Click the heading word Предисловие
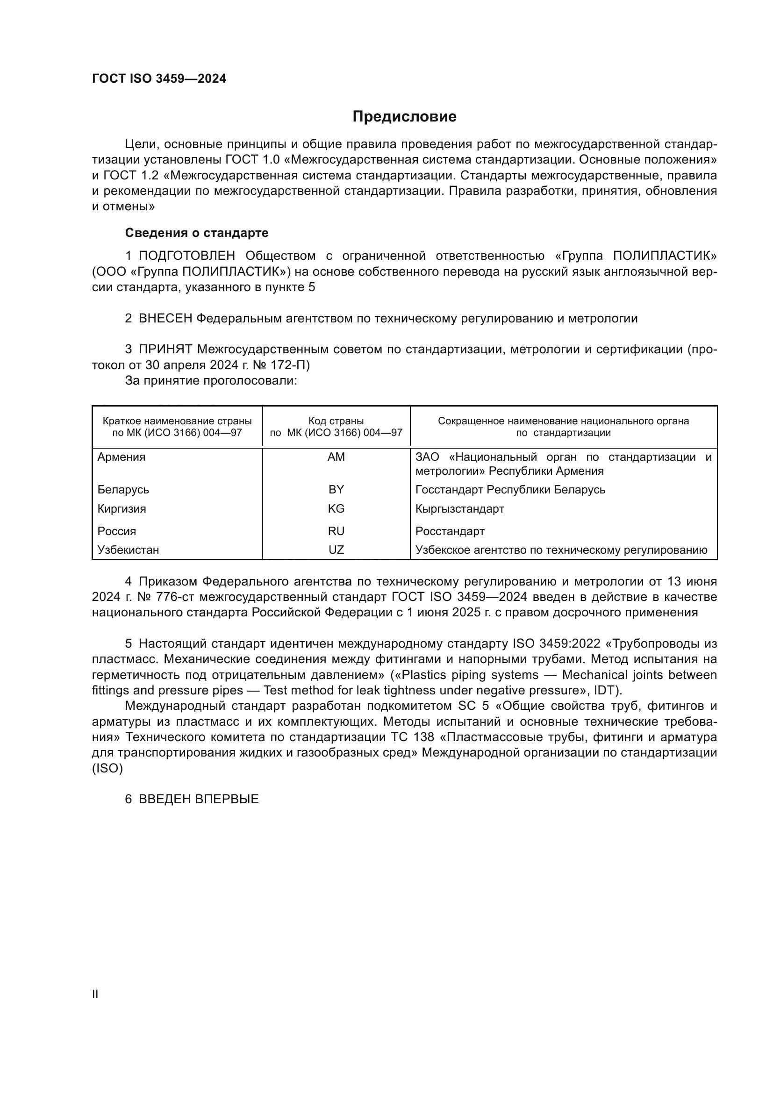pyautogui.click(x=404, y=117)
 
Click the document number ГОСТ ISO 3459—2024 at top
pyautogui.click(x=159, y=79)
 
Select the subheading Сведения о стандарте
pyautogui.click(x=197, y=233)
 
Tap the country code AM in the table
pyautogui.click(x=336, y=457)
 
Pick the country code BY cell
pyautogui.click(x=336, y=489)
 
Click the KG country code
pyautogui.click(x=336, y=508)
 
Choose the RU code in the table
pyautogui.click(x=336, y=531)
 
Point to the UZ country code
pyautogui.click(x=336, y=550)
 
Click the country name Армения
pyautogui.click(x=122, y=457)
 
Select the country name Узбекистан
pyautogui.click(x=128, y=550)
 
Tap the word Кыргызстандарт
pyautogui.click(x=459, y=508)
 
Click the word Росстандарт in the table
pyautogui.click(x=450, y=531)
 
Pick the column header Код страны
pyautogui.click(x=336, y=421)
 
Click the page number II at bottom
pyautogui.click(x=95, y=994)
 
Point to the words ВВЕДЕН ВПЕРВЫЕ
pyautogui.click(x=199, y=799)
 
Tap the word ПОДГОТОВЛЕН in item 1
pyautogui.click(x=186, y=256)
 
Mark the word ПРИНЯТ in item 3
pyautogui.click(x=165, y=350)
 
